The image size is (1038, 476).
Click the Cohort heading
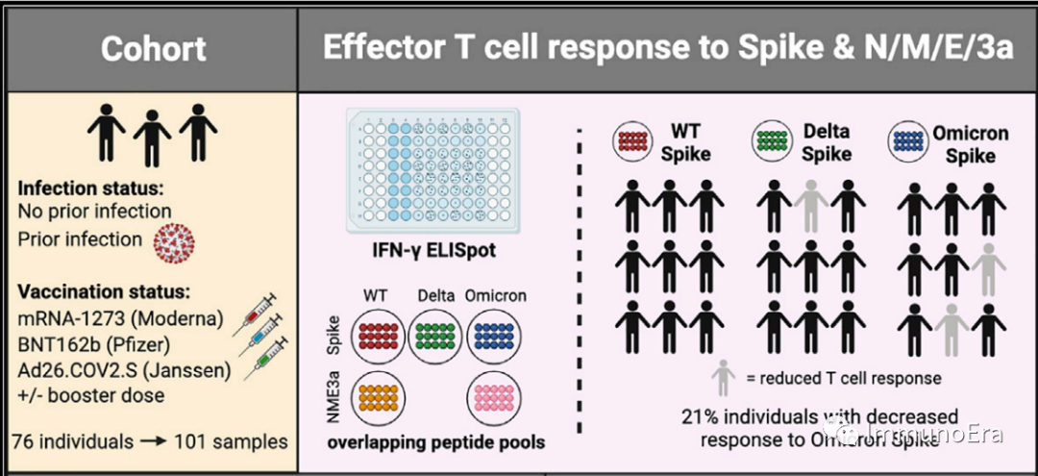coord(154,48)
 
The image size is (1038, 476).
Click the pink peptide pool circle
coord(496,393)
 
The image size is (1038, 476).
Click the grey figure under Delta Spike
coord(812,204)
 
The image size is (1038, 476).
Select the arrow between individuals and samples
coord(152,442)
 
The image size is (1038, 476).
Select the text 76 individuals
coord(72,442)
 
